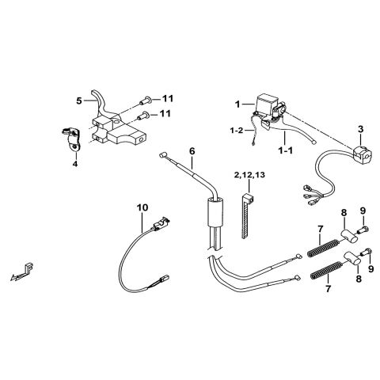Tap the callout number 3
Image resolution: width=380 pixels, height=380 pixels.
361,128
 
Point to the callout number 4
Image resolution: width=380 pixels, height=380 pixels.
75,164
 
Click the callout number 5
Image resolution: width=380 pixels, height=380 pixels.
78,101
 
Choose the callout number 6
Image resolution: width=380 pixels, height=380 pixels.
191,150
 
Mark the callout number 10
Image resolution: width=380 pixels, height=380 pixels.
142,207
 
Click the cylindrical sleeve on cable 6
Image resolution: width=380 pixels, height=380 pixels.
212,213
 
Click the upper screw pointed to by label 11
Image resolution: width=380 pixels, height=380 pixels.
144,100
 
